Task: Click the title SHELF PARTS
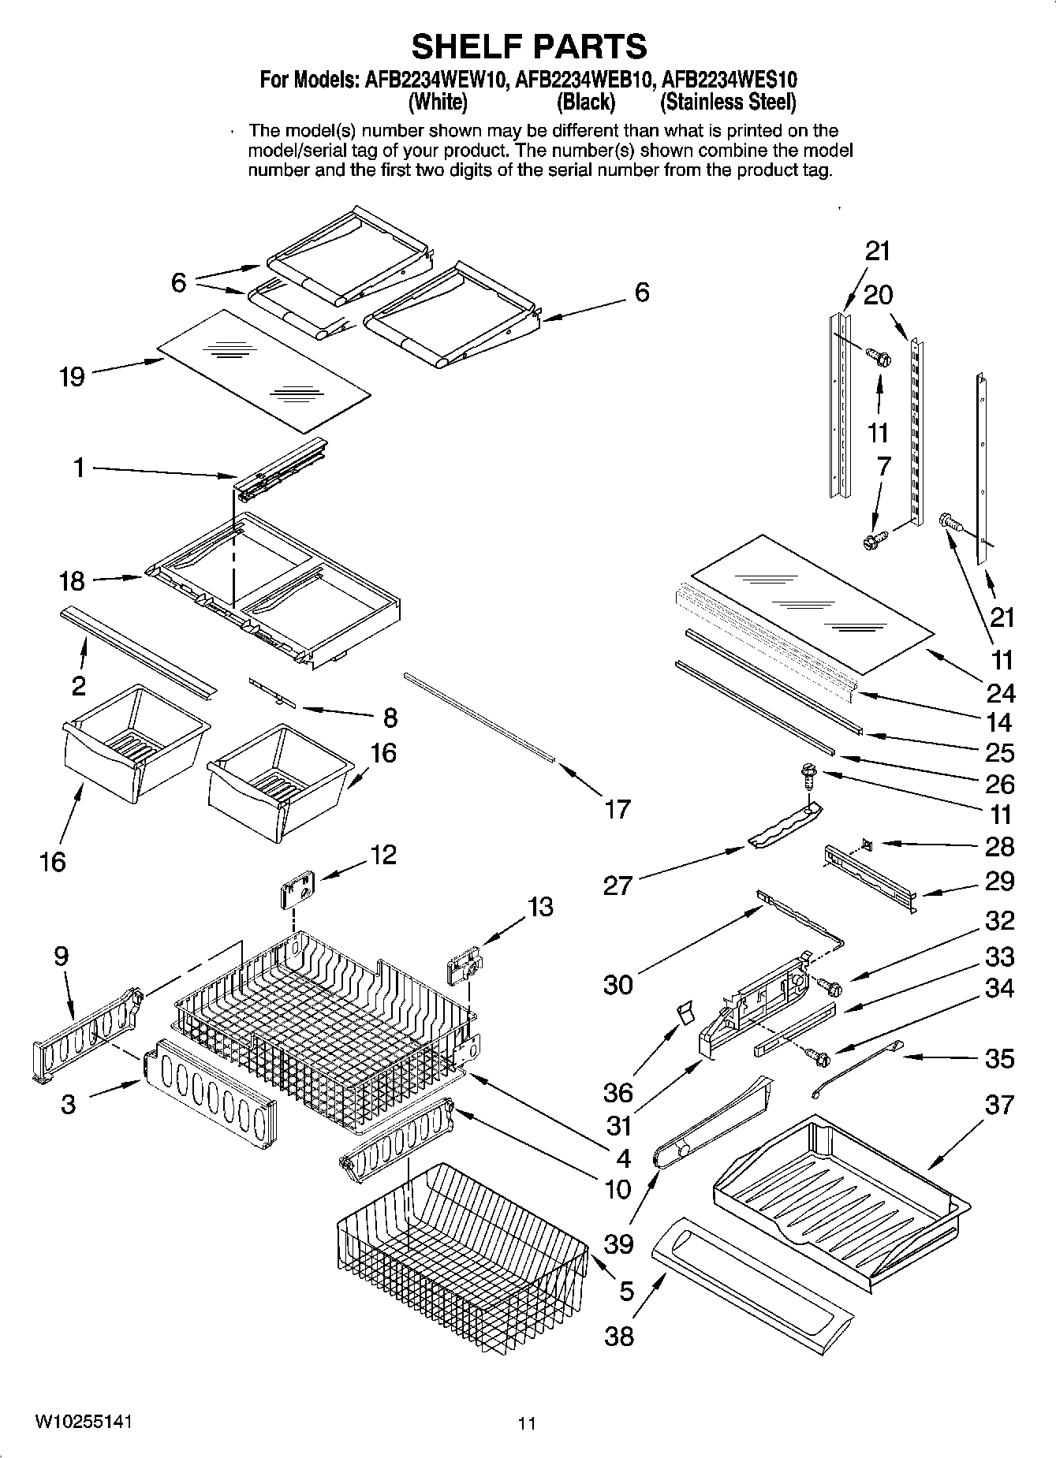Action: click(x=528, y=47)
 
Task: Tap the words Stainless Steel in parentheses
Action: click(x=728, y=103)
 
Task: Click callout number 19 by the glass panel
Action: click(x=72, y=377)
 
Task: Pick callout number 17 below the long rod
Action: click(x=618, y=808)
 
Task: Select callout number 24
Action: click(x=1000, y=692)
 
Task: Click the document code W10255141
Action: click(x=83, y=1422)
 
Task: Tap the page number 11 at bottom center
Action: click(x=527, y=1423)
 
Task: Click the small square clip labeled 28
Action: click(x=866, y=845)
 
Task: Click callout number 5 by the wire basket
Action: click(x=626, y=1291)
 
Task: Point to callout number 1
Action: click(x=78, y=468)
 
